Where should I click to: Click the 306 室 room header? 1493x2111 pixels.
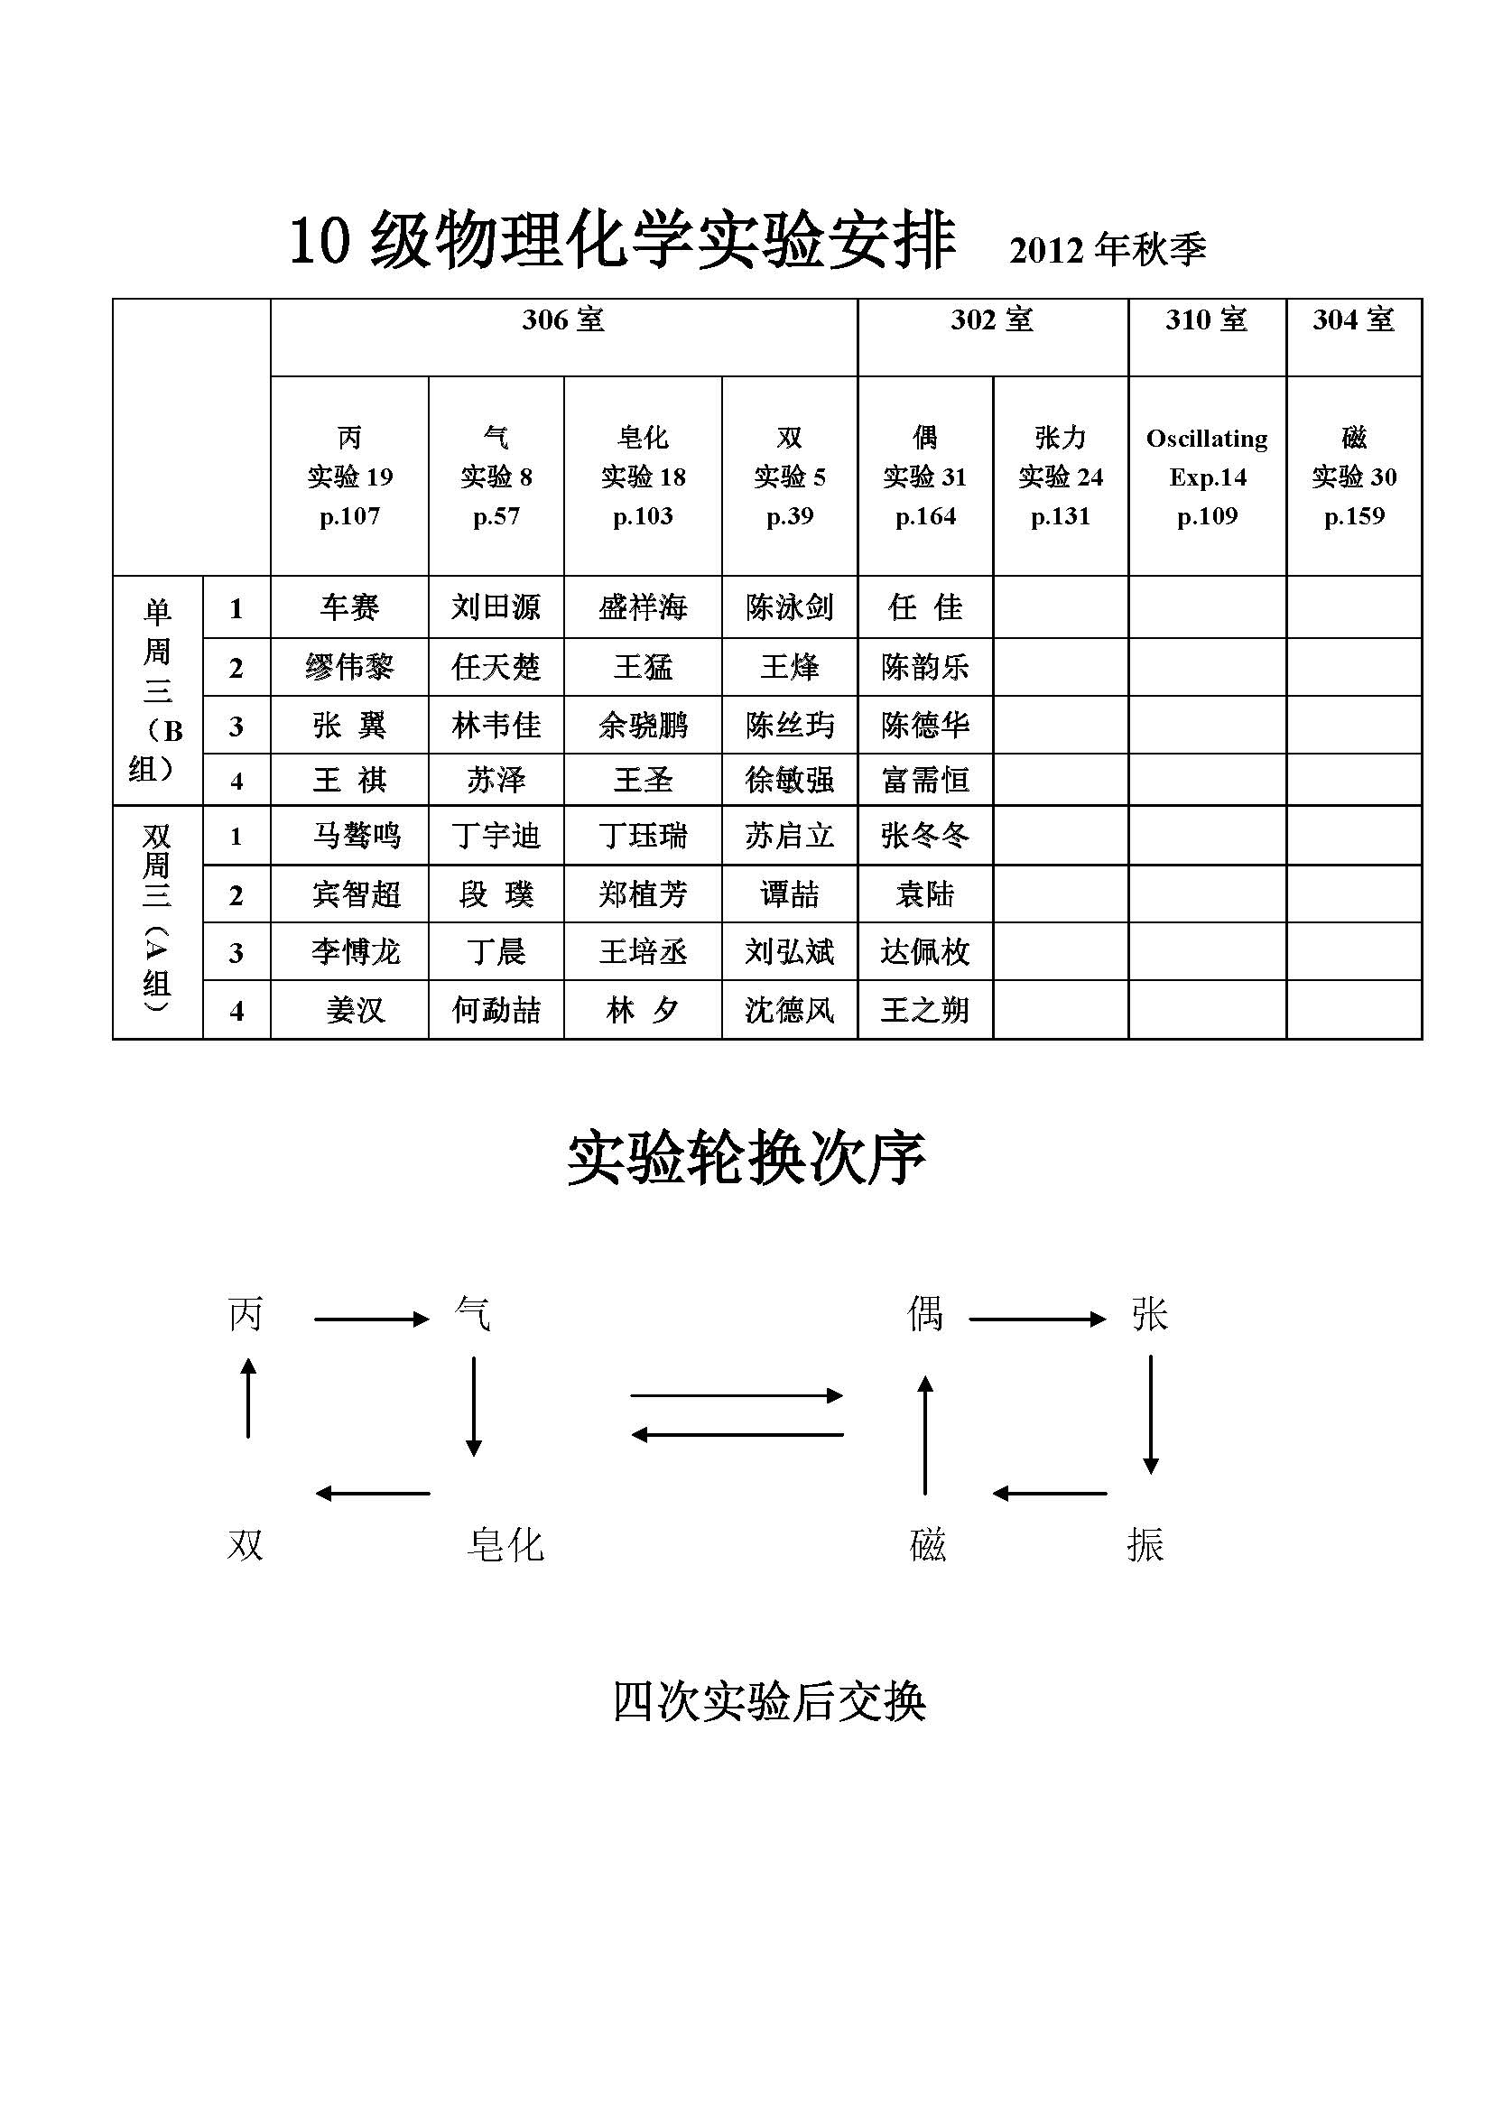(562, 320)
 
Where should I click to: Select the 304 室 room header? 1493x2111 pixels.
(1353, 320)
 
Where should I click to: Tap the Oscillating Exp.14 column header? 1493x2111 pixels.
(1206, 477)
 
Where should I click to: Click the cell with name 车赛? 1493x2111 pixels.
(349, 606)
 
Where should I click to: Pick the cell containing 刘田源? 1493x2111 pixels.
(496, 606)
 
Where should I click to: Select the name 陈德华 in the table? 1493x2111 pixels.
(925, 725)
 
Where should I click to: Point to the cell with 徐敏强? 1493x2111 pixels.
(790, 780)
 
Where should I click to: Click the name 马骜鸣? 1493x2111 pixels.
(357, 835)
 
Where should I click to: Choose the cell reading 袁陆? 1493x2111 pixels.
(925, 893)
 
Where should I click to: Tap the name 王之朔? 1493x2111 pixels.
(925, 1011)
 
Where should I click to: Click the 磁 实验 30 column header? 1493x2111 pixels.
(1353, 477)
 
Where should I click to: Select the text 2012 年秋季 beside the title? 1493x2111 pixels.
(1107, 250)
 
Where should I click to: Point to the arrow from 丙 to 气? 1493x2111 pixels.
(371, 1319)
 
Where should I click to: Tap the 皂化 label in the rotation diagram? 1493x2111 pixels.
(505, 1544)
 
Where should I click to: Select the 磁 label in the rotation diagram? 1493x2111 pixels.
(927, 1544)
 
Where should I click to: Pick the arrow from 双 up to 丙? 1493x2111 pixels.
(247, 1397)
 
